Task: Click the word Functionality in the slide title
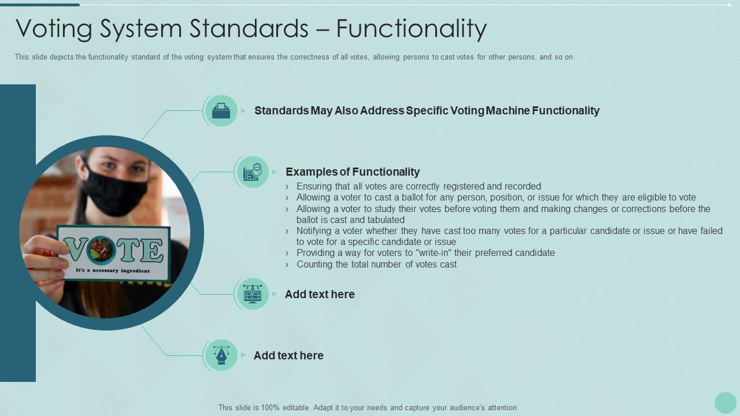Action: (411, 28)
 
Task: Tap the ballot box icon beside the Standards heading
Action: (221, 110)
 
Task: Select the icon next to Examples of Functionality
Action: (253, 172)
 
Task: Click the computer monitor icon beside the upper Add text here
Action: (253, 294)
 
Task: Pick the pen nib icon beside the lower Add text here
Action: (221, 355)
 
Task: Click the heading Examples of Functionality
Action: (353, 172)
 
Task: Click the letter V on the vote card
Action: (74, 250)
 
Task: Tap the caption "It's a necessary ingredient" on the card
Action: (113, 270)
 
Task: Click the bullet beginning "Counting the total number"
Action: (376, 264)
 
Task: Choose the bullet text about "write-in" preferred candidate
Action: (425, 252)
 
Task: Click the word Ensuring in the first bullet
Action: (314, 186)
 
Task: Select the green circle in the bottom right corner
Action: (725, 403)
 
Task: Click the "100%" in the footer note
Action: (270, 407)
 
